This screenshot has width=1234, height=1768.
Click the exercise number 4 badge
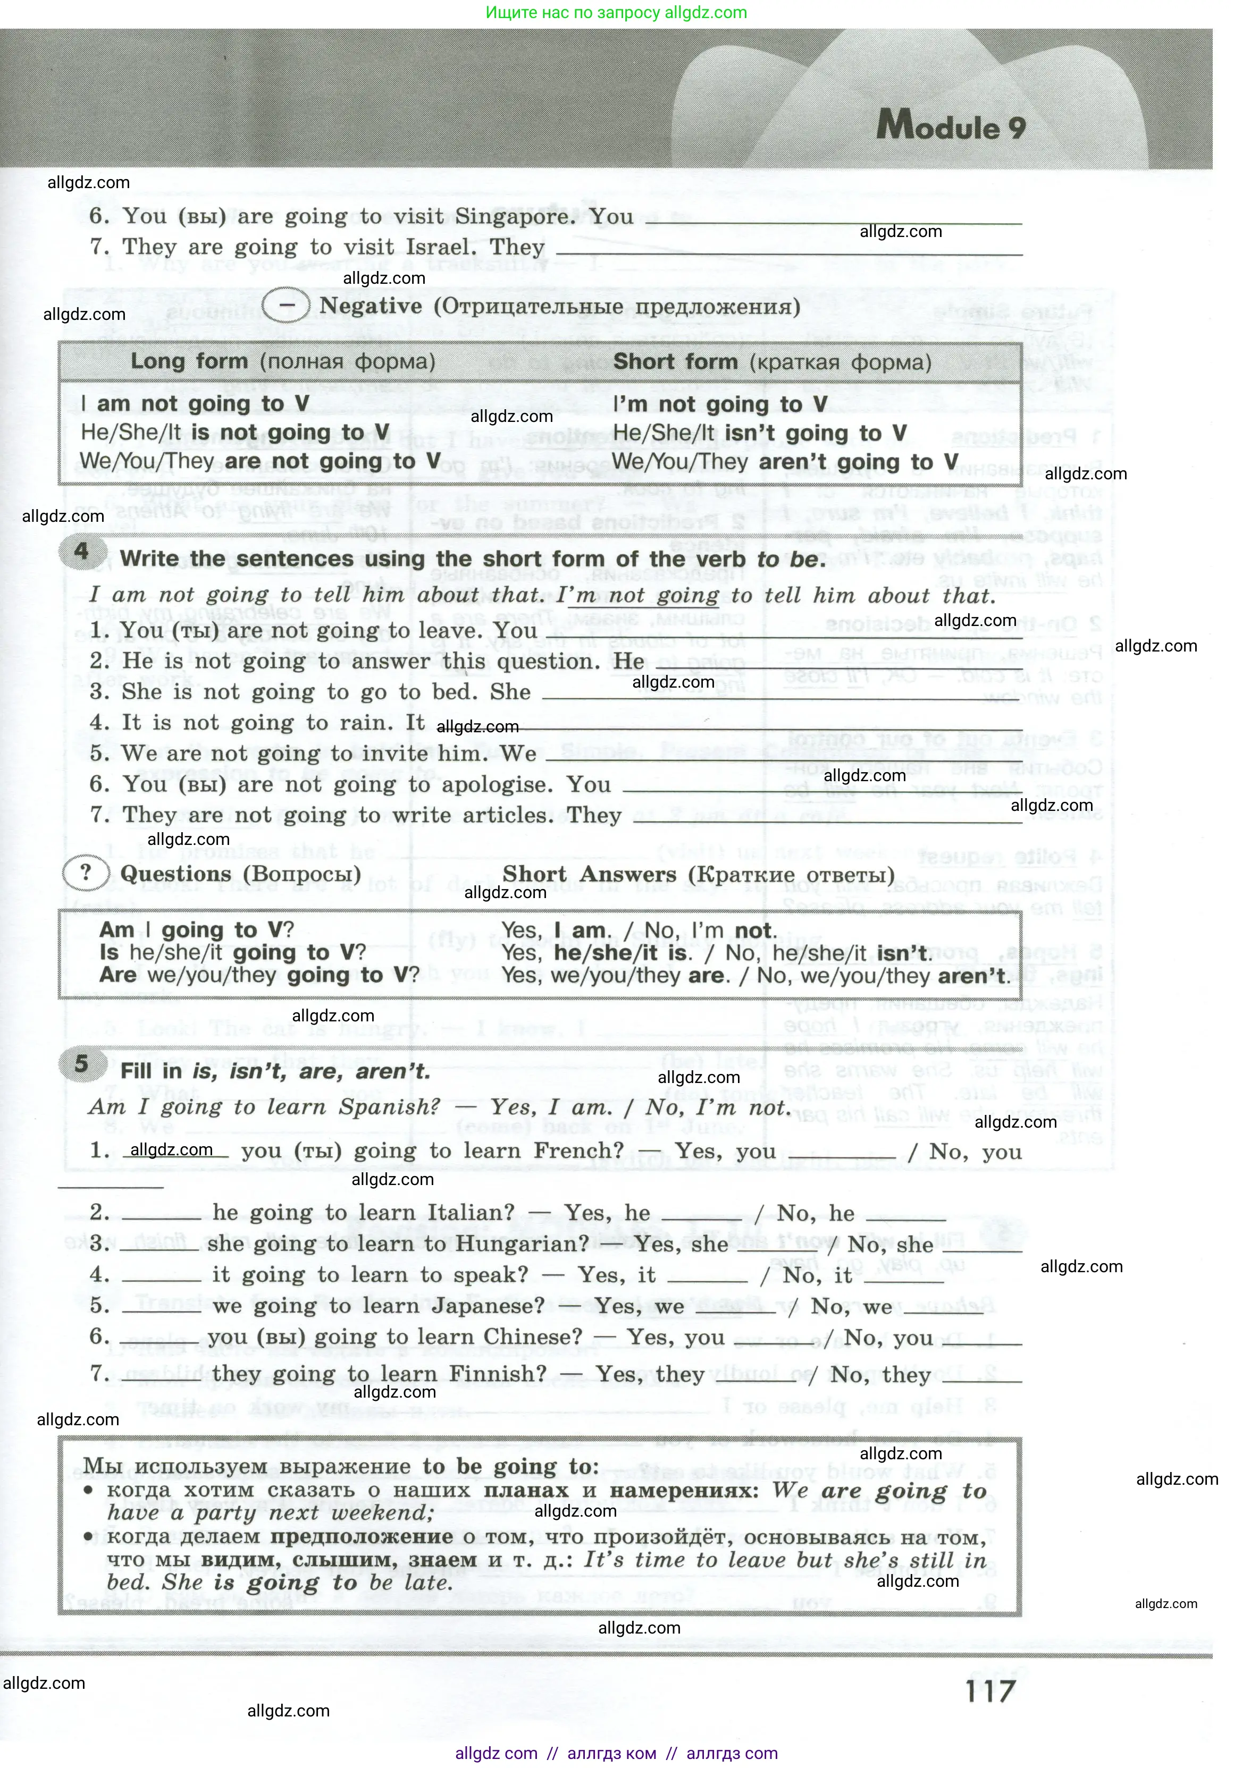[81, 552]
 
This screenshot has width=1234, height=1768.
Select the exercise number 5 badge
[81, 1065]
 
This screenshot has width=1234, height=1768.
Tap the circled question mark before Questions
[86, 873]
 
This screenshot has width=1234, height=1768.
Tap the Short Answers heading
[589, 875]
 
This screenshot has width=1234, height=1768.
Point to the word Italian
[470, 1212]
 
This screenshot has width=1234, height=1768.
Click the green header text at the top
[616, 12]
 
